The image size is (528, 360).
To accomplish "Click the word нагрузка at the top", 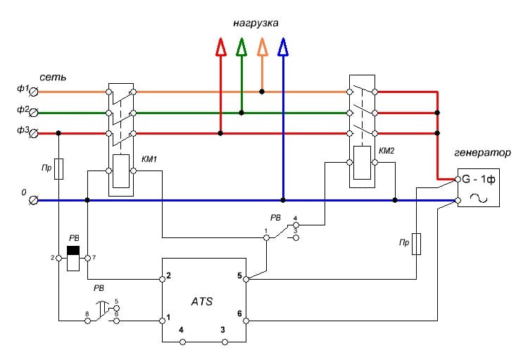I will [x=256, y=23].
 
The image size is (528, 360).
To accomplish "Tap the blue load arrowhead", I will [x=283, y=47].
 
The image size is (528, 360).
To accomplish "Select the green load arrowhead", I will [x=241, y=47].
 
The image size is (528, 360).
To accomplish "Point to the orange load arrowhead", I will [x=263, y=47].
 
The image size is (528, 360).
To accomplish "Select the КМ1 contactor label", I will [x=149, y=159].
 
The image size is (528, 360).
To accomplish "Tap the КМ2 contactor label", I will [x=387, y=151].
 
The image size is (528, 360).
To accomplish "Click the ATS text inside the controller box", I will [x=203, y=301].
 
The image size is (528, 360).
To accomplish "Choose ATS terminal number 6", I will [x=239, y=314].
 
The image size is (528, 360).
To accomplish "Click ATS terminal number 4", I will [x=182, y=330].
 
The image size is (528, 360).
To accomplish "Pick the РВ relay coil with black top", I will [x=72, y=258].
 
